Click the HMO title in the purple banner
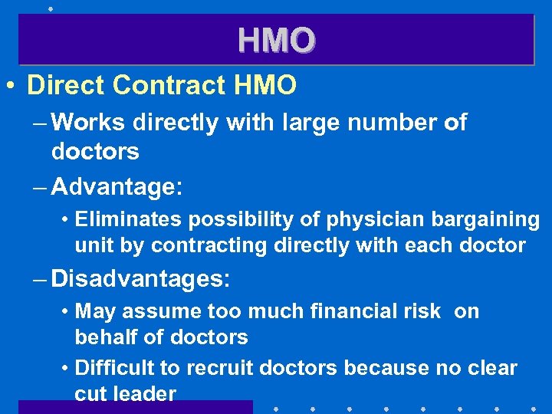[x=276, y=40]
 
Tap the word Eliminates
[x=123, y=220]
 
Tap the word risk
[x=426, y=311]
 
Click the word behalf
[x=103, y=337]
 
